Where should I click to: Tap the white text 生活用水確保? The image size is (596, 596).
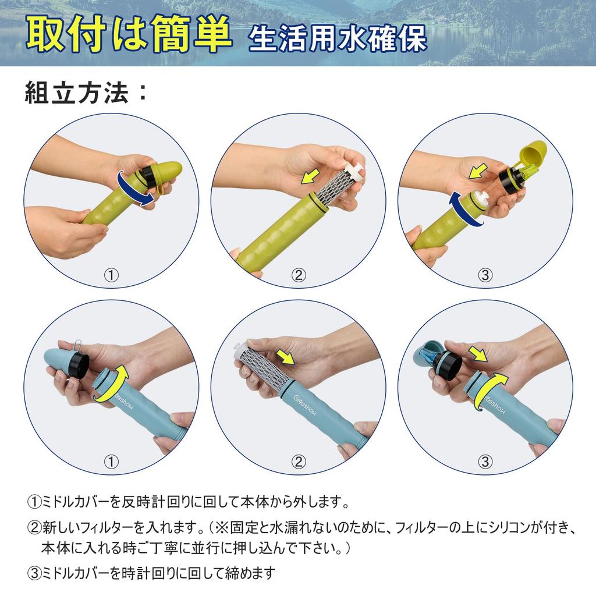338,38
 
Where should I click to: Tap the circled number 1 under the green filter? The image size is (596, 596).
111,275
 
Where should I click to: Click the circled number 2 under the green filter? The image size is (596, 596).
298,275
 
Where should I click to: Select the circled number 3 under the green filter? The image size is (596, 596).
485,275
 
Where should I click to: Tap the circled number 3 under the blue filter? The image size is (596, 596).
485,462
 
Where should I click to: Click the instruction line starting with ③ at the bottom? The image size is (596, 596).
151,573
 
